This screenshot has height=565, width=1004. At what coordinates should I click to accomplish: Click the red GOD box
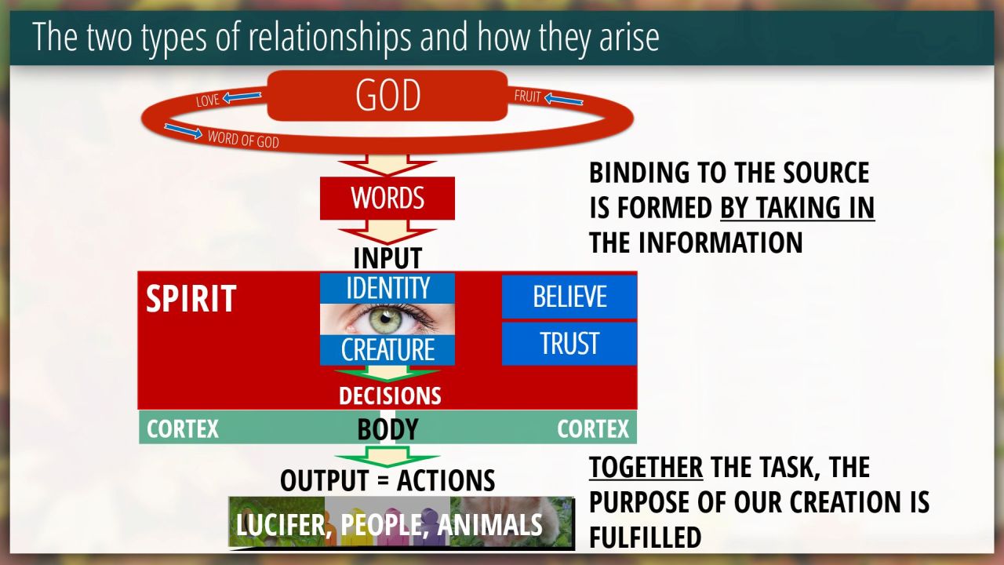[x=387, y=95]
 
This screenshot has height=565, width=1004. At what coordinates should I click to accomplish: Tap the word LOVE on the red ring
[x=208, y=100]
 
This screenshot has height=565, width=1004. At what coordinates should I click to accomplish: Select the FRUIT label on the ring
[x=528, y=96]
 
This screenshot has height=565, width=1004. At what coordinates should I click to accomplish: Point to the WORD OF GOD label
[x=243, y=139]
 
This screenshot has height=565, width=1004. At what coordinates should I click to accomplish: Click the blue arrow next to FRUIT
[x=563, y=99]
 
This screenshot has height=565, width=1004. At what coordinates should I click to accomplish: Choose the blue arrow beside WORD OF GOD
[x=184, y=131]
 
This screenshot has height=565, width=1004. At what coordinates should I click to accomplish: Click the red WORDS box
[x=387, y=199]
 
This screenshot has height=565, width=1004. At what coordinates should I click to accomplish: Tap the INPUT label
[x=387, y=258]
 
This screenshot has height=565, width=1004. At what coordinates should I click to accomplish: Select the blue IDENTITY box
[x=387, y=288]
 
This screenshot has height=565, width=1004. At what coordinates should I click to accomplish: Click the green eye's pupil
[x=384, y=319]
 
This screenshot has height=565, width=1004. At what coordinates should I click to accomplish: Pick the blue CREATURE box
[x=387, y=350]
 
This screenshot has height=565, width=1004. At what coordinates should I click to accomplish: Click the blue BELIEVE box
[x=569, y=297]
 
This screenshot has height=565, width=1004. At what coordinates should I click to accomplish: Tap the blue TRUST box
[x=569, y=344]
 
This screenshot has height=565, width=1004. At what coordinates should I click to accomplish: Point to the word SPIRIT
[x=191, y=298]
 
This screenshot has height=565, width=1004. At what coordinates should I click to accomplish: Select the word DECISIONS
[x=390, y=396]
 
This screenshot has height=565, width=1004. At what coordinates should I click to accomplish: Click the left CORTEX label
[x=183, y=429]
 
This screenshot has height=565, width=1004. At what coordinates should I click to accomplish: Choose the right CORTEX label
[x=593, y=429]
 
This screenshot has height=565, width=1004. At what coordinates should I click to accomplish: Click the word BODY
[x=387, y=429]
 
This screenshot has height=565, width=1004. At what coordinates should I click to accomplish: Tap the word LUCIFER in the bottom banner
[x=281, y=525]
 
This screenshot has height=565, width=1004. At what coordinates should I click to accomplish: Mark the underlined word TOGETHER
[x=646, y=467]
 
